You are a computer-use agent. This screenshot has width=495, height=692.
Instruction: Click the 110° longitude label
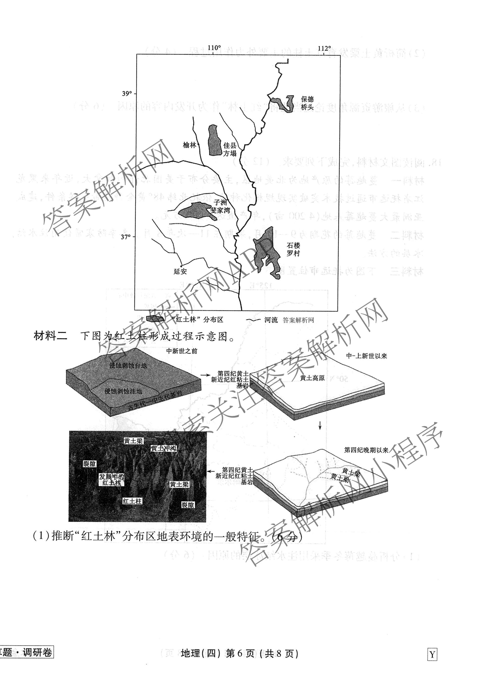tap(214, 48)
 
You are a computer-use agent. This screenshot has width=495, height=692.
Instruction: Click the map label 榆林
tap(189, 145)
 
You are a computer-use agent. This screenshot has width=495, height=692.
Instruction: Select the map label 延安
tap(180, 271)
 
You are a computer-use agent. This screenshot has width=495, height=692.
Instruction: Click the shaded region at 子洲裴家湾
tap(195, 211)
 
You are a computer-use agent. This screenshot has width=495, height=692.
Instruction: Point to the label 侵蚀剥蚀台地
tap(128, 365)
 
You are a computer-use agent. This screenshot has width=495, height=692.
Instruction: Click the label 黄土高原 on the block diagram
tap(312, 378)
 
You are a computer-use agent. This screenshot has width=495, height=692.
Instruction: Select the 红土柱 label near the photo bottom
tap(132, 501)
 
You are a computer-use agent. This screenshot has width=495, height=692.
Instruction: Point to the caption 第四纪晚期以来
tap(366, 450)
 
